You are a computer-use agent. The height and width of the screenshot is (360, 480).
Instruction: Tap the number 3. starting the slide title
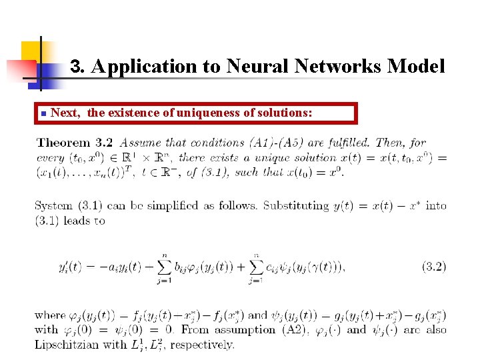click(78, 67)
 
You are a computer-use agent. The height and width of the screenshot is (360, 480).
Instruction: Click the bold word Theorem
click(63, 143)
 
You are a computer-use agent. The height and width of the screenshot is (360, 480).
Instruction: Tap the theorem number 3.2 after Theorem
click(105, 143)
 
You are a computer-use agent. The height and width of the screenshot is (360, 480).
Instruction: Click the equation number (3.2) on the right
click(434, 267)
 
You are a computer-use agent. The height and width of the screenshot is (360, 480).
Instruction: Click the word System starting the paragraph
click(54, 205)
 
